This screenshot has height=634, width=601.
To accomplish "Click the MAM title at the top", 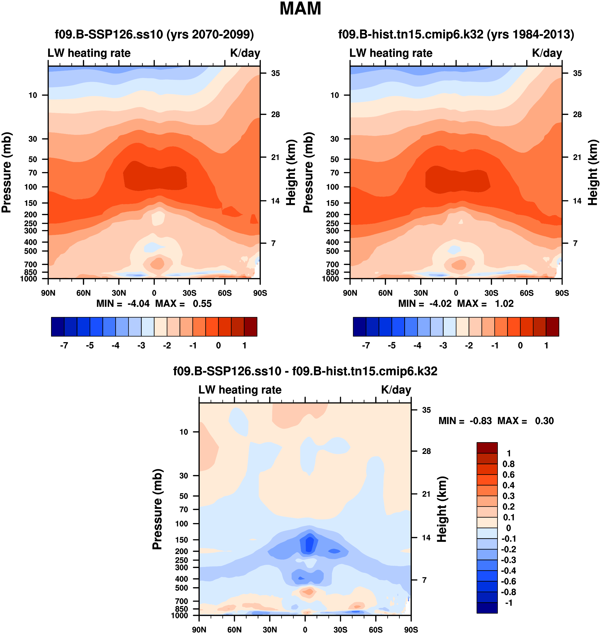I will pos(300,9).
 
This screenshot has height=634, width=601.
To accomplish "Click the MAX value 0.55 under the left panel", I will pos(202,304).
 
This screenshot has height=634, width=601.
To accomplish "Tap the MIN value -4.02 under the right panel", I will pos(440,304).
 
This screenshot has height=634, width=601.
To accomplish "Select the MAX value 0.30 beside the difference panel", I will pos(544,421).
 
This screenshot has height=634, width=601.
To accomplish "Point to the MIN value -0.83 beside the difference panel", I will pos(481,421).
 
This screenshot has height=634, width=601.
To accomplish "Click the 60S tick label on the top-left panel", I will pos(224,293).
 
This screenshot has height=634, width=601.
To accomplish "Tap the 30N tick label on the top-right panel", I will pos(421,293).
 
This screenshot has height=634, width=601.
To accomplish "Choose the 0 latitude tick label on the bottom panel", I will pos(305,629).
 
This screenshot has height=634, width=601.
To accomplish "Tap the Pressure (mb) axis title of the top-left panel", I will pos(6,172).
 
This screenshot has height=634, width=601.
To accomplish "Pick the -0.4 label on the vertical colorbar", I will pos(509,570).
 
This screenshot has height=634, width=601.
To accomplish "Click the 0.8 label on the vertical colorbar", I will pos(508,464).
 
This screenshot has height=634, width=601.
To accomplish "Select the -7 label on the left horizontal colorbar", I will pos(64,345).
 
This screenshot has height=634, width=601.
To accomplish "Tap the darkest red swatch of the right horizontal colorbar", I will pos(552,327).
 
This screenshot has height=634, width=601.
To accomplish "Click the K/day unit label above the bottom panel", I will pos(396,390).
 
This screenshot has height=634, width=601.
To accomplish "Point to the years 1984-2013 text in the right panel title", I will pos(531,34).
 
